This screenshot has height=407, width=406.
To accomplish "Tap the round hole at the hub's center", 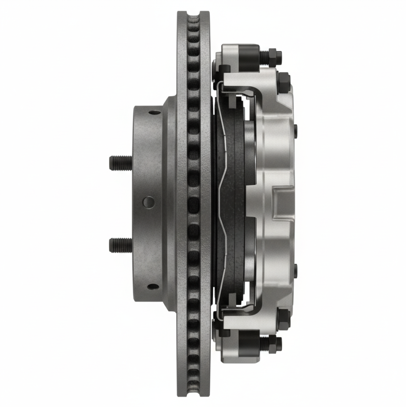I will pos(148,202).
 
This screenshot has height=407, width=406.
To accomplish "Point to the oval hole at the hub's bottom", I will pos(154,287).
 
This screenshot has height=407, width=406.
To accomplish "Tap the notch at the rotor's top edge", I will pos(194,16).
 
